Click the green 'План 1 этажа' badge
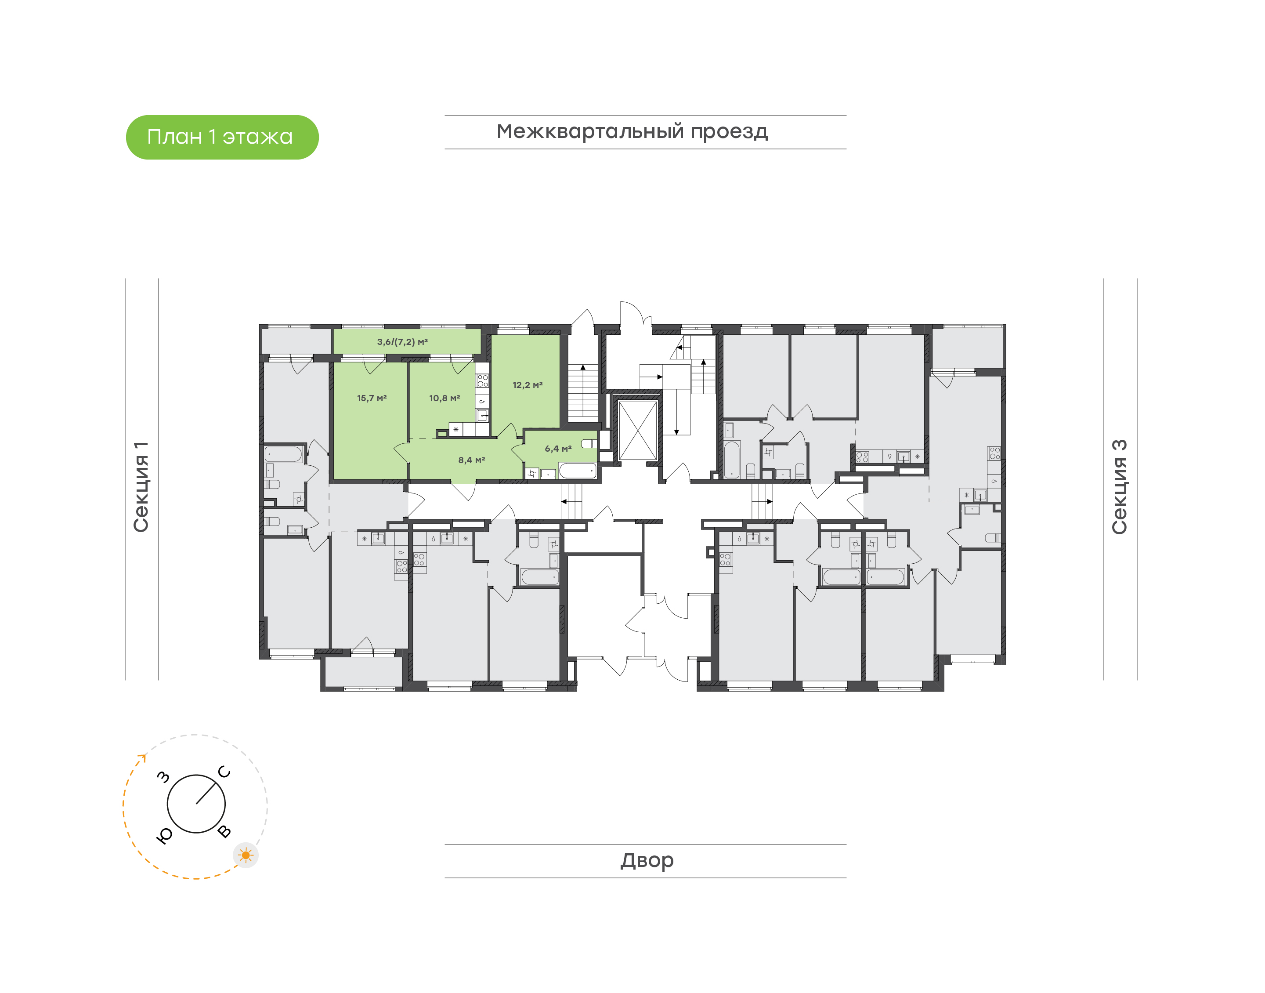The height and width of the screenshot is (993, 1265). (x=222, y=137)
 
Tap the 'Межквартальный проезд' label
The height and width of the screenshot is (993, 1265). (x=632, y=132)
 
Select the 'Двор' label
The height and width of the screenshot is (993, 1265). (x=647, y=860)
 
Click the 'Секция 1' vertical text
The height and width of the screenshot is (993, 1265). (x=141, y=487)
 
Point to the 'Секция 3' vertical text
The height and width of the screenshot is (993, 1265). (x=1119, y=487)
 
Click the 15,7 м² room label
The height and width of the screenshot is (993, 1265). (x=372, y=398)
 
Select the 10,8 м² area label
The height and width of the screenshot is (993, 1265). (x=445, y=398)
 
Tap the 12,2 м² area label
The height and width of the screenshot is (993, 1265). (x=528, y=385)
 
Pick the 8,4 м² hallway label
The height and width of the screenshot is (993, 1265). (x=471, y=460)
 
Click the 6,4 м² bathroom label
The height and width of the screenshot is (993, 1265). (x=558, y=448)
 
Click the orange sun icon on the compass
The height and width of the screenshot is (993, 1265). (x=246, y=855)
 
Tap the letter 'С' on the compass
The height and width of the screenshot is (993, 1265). (x=224, y=772)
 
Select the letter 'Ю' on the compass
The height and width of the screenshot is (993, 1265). (x=164, y=835)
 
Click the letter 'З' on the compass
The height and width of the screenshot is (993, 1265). (x=164, y=777)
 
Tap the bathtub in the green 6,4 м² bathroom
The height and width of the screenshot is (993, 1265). (x=578, y=470)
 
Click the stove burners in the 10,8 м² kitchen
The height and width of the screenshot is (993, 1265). (x=482, y=381)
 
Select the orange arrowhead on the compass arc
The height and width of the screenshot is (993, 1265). (x=142, y=757)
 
